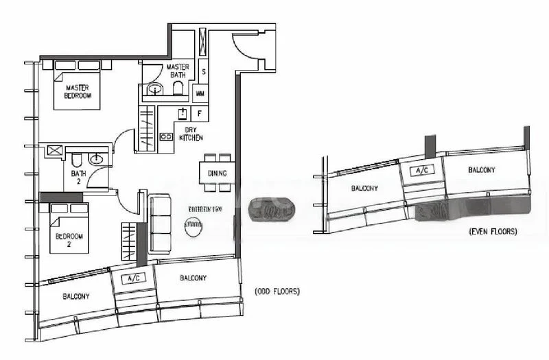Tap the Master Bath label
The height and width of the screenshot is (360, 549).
click(178, 71)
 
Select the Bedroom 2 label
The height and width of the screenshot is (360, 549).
click(68, 240)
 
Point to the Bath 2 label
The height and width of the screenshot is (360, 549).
click(78, 178)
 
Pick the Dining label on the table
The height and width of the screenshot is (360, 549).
click(217, 174)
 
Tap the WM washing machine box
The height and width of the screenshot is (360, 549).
click(200, 93)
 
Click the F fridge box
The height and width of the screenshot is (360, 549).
click(200, 113)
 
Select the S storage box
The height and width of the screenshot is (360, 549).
click(204, 71)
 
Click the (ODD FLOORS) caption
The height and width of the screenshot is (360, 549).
click(277, 291)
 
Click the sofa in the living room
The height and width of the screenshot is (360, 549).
click(161, 224)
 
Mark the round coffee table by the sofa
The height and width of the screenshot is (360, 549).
click(192, 224)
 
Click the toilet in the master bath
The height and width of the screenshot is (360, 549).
click(178, 89)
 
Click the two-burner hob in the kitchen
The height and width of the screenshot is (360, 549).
click(166, 136)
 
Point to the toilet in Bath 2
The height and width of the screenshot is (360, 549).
click(76, 161)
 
